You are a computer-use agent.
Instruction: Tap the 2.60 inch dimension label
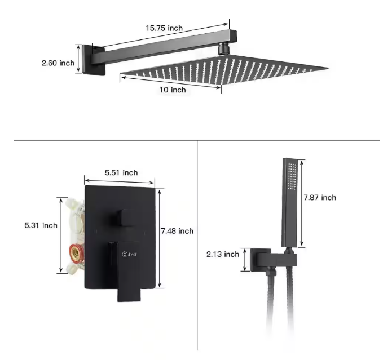(x=58, y=63)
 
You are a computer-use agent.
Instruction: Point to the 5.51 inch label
(x=121, y=172)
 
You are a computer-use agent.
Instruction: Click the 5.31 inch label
(x=41, y=225)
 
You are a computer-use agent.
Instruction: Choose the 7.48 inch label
(x=177, y=231)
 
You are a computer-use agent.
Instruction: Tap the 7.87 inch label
(x=320, y=197)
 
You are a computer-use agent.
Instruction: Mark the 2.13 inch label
(x=223, y=254)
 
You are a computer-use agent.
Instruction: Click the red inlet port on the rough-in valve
(x=76, y=252)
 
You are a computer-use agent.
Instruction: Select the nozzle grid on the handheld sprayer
(x=291, y=177)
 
